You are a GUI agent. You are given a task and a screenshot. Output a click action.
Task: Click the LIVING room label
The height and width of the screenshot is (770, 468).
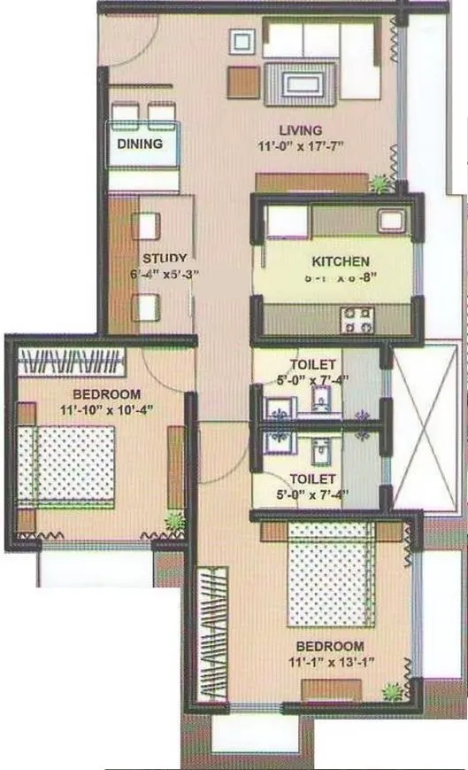point(299,131)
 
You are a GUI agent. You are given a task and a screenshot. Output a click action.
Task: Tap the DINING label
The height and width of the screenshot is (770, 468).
point(140,143)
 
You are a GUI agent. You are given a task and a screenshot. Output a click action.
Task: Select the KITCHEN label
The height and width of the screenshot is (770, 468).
point(340,262)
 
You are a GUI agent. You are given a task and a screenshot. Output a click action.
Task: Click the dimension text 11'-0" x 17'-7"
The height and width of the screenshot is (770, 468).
point(299,147)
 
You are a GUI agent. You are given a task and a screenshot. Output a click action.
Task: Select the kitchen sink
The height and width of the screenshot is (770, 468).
point(390,222)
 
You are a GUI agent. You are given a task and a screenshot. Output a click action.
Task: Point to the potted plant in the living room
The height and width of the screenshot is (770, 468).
point(380,183)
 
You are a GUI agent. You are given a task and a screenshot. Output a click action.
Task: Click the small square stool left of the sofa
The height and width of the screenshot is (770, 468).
point(242,41)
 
